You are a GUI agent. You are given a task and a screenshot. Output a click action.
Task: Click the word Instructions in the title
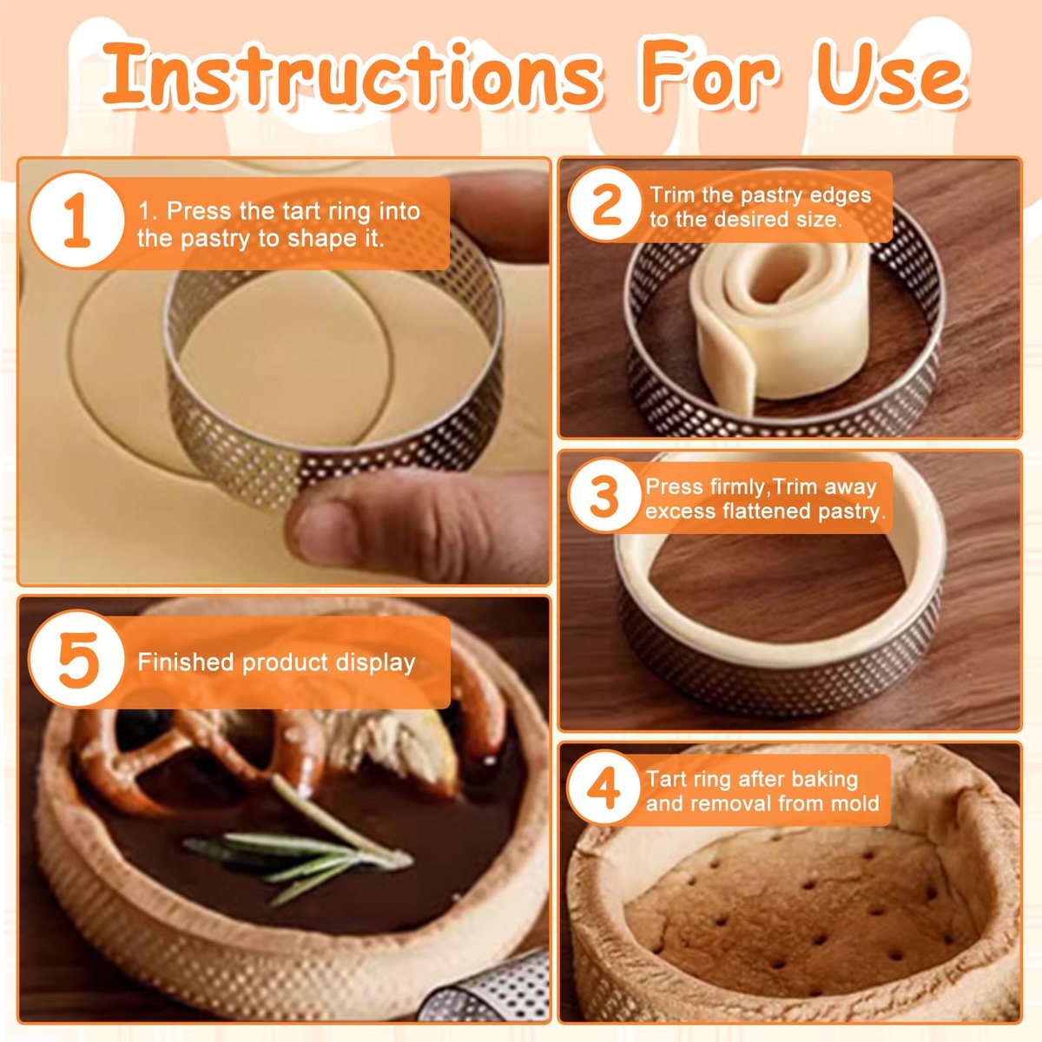click(x=351, y=76)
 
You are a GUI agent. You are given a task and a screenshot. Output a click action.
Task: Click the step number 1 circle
click(x=76, y=220)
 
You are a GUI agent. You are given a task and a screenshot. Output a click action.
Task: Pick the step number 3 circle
click(x=604, y=497)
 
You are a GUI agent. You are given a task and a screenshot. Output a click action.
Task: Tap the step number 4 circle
click(x=603, y=788)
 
